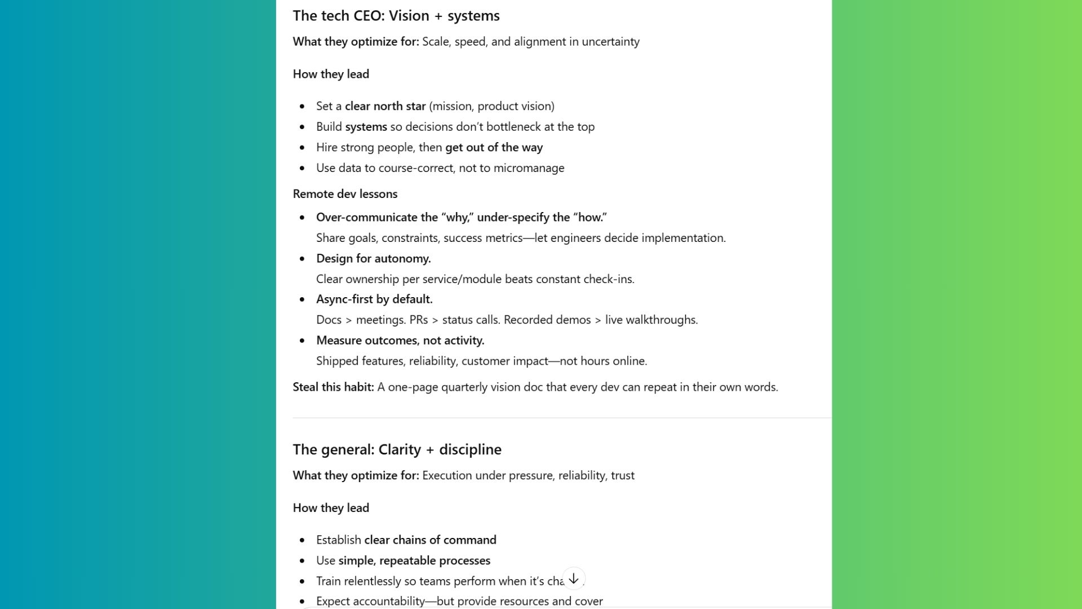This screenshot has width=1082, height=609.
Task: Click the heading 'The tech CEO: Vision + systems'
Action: [x=396, y=16]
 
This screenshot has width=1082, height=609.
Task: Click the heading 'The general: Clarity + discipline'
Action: [x=397, y=449]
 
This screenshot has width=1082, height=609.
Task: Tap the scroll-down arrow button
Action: [x=574, y=579]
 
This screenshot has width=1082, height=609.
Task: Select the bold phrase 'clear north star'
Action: [x=385, y=106]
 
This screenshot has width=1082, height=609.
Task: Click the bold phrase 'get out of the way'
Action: [x=494, y=147]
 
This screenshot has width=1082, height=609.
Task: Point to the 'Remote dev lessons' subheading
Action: [x=345, y=194]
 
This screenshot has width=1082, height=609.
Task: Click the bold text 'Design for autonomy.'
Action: [x=373, y=258]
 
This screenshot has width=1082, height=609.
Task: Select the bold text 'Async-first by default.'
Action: [x=374, y=299]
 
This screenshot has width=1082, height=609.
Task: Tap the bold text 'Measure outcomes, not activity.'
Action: [x=400, y=340]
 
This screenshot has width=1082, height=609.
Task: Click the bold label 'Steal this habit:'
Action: [x=333, y=387]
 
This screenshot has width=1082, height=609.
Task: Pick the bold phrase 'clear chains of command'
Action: [x=430, y=540]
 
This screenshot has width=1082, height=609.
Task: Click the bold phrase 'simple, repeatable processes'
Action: [x=414, y=561]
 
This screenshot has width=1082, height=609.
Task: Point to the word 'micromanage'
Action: [x=529, y=168]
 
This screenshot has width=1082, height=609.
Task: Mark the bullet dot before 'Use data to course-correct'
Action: [x=303, y=168]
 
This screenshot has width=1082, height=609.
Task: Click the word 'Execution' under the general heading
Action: [x=447, y=475]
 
